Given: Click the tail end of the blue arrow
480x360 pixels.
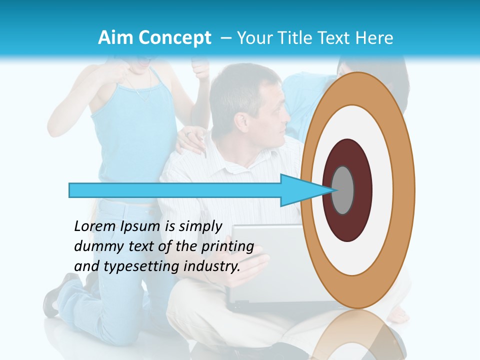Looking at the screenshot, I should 72,190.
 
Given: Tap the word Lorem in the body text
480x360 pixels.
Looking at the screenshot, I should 95,226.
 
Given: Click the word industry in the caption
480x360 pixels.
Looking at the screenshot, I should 211,266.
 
